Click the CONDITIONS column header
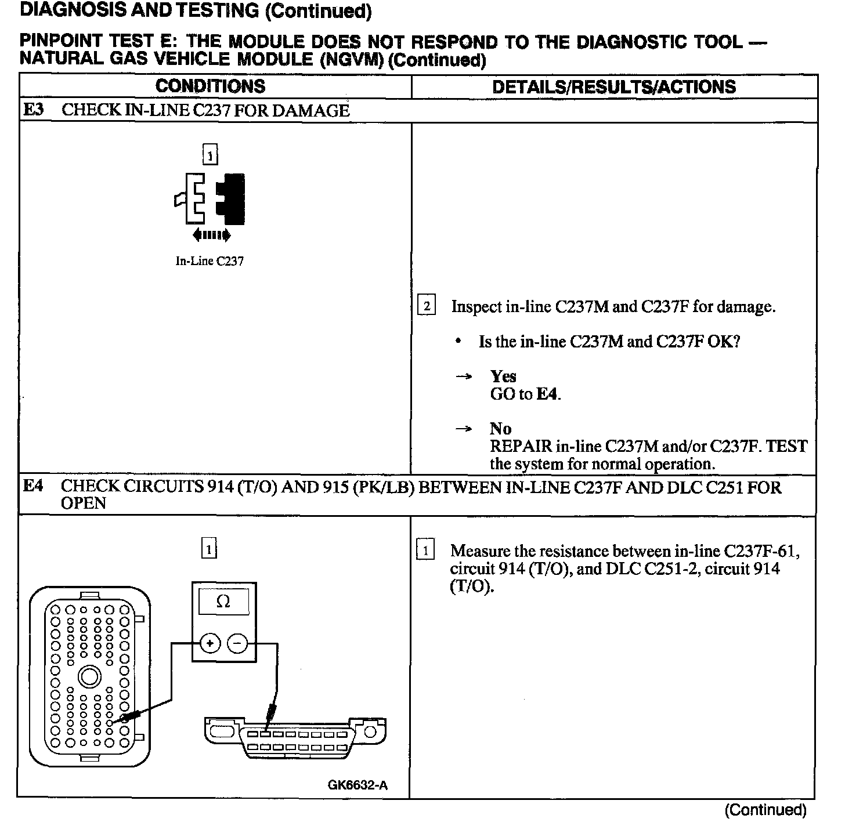[210, 86]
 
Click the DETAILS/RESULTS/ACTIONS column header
[613, 87]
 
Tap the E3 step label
[33, 110]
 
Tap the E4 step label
[33, 486]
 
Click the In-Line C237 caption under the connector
[210, 261]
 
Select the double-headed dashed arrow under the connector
[211, 235]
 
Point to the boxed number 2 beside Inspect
[427, 306]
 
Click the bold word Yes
[503, 376]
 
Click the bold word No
[500, 429]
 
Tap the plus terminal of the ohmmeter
[210, 643]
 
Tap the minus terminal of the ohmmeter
[237, 643]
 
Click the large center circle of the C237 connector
[89, 676]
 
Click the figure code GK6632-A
[358, 785]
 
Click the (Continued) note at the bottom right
[765, 810]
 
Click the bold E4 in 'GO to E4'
[547, 394]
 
